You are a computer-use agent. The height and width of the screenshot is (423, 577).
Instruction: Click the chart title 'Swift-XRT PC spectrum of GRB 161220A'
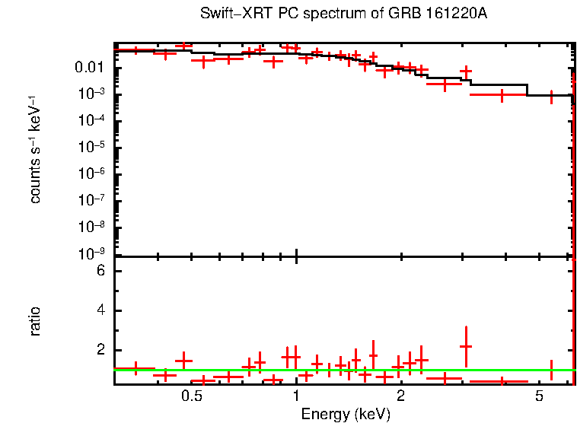click(343, 14)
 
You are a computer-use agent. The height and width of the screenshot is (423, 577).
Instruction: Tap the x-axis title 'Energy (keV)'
click(345, 415)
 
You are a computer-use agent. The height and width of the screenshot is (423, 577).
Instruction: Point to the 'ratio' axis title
click(35, 321)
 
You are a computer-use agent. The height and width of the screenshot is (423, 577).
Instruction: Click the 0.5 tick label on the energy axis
click(192, 397)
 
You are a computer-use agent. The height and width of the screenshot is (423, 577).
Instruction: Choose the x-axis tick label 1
click(296, 397)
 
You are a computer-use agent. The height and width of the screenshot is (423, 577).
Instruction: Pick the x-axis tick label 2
click(400, 397)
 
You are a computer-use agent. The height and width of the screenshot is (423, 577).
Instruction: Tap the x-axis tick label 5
click(538, 397)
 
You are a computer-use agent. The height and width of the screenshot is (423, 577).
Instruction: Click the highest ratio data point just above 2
click(466, 346)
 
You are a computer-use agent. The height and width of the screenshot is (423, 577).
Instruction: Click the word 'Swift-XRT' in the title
click(229, 14)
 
